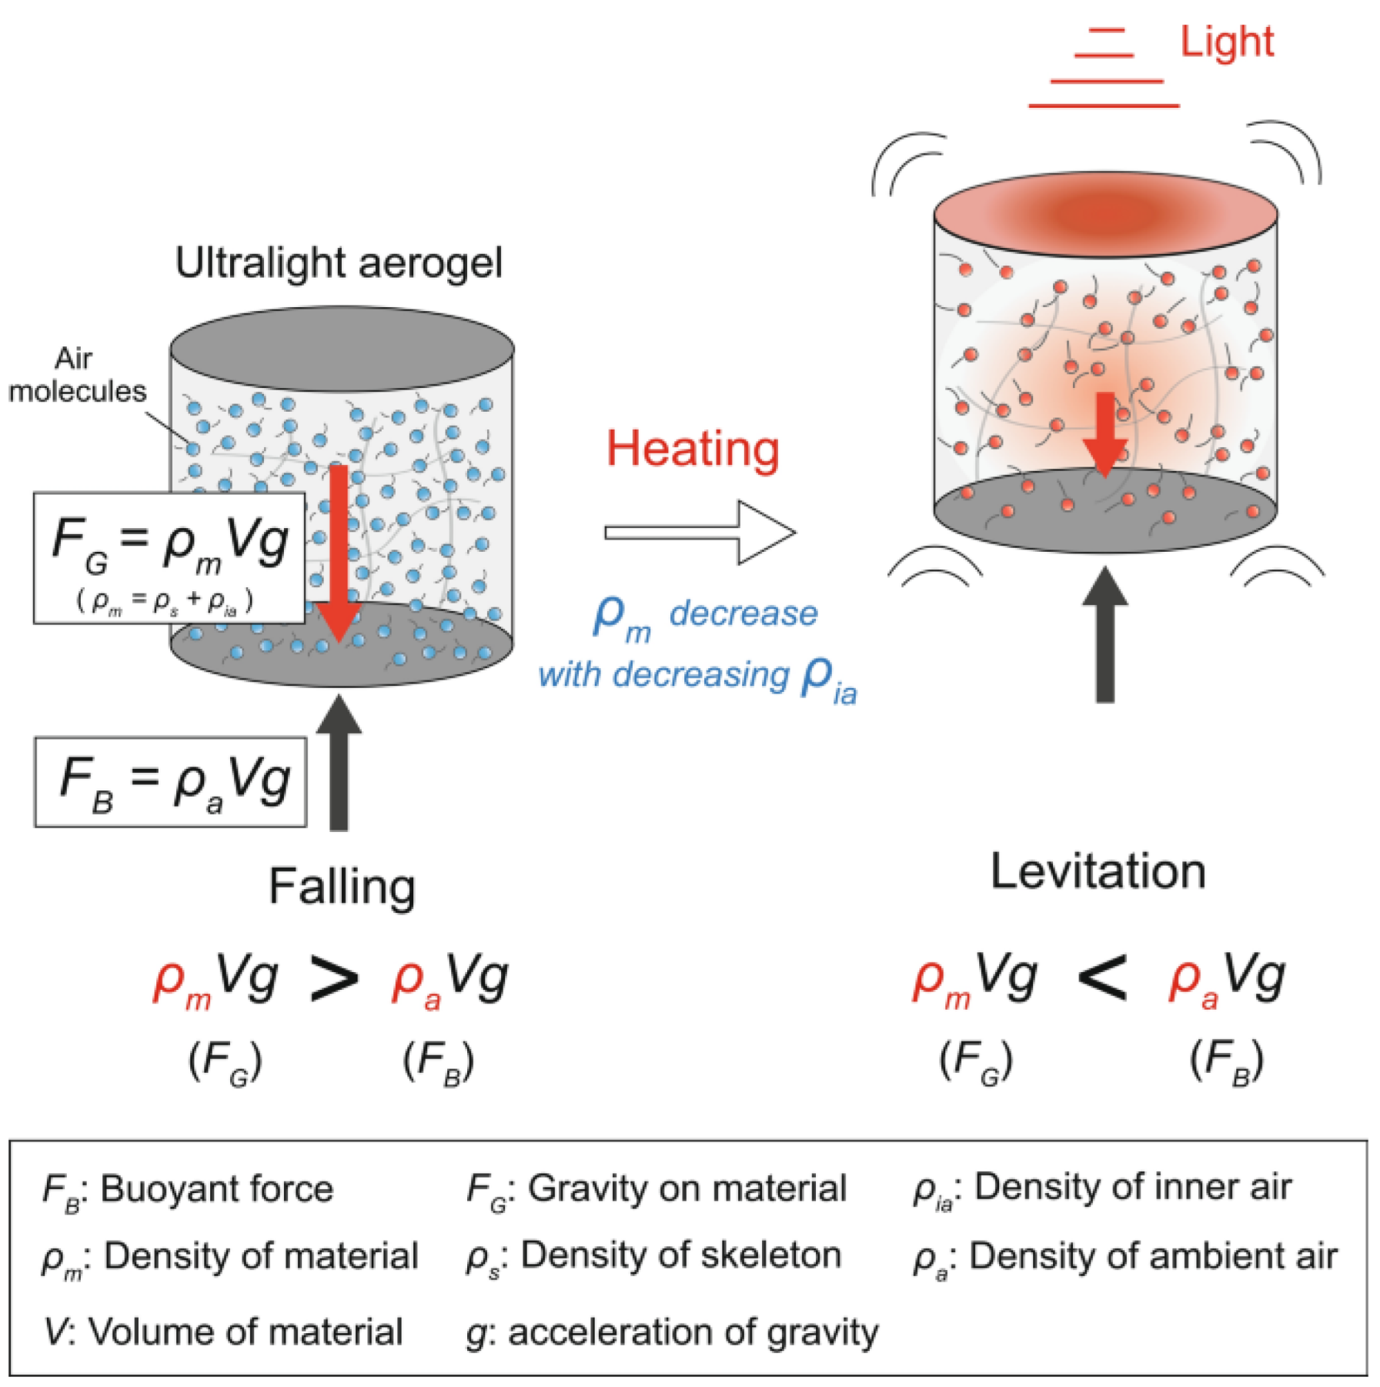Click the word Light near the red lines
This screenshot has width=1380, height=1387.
click(1226, 42)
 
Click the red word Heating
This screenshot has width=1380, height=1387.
click(693, 449)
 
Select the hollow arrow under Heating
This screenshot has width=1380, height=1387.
click(699, 532)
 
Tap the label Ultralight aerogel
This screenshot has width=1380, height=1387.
click(339, 263)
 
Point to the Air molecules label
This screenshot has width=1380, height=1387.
click(76, 375)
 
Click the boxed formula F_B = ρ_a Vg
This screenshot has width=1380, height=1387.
click(171, 781)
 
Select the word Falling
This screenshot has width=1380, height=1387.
click(342, 887)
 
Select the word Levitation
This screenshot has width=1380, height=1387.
click(1098, 872)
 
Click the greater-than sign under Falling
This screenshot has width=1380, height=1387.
click(334, 979)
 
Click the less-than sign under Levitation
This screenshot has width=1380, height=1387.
click(1102, 979)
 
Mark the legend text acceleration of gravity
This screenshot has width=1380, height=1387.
click(693, 1332)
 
